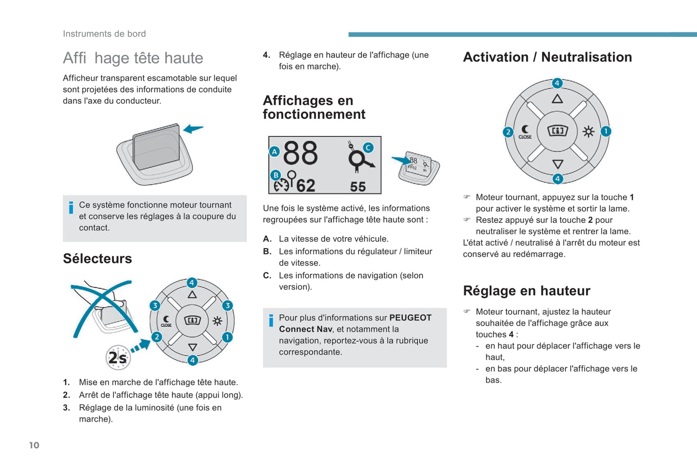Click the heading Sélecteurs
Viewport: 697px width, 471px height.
pyautogui.click(x=97, y=259)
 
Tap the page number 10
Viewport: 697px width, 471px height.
pyautogui.click(x=34, y=445)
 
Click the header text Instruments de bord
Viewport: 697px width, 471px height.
pyautogui.click(x=104, y=34)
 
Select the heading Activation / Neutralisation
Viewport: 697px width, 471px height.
pyautogui.click(x=547, y=57)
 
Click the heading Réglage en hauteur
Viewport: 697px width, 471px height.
pyautogui.click(x=526, y=291)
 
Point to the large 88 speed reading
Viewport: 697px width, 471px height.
pyautogui.click(x=301, y=153)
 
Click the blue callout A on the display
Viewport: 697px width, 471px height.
pyautogui.click(x=274, y=151)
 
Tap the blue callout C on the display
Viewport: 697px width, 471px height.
pyautogui.click(x=368, y=148)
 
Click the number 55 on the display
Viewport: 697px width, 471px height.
pyautogui.click(x=357, y=187)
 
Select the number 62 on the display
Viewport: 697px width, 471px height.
pyautogui.click(x=305, y=186)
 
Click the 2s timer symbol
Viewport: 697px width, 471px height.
pyautogui.click(x=118, y=358)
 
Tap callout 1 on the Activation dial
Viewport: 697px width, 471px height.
pyautogui.click(x=606, y=131)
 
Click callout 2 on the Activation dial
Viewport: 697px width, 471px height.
pyautogui.click(x=508, y=132)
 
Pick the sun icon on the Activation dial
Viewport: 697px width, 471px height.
pyautogui.click(x=588, y=132)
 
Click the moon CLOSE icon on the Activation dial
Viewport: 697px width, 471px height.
pyautogui.click(x=525, y=132)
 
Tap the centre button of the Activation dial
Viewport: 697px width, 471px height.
pyautogui.click(x=557, y=131)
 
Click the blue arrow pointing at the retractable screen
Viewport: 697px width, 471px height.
pyautogui.click(x=193, y=129)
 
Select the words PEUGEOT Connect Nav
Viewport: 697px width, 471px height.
pyautogui.click(x=355, y=323)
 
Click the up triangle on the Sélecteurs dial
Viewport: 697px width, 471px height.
pyautogui.click(x=192, y=295)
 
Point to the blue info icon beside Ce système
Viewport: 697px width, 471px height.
pyautogui.click(x=71, y=207)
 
